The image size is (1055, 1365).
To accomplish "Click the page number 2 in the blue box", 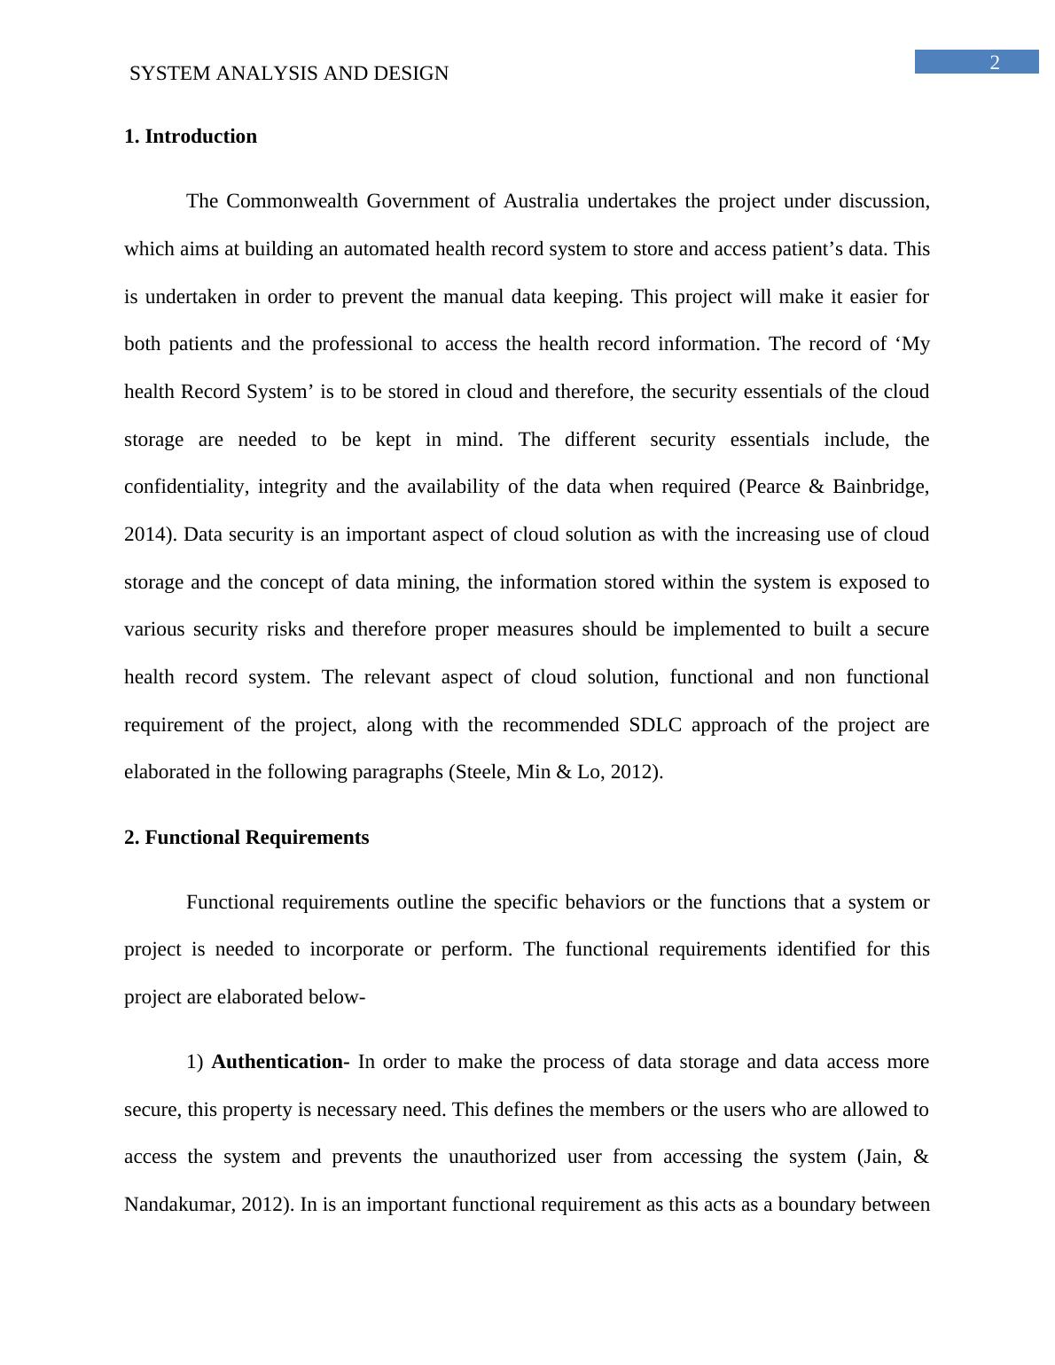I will [x=994, y=62].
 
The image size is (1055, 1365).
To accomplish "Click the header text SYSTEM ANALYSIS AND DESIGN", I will [x=289, y=74].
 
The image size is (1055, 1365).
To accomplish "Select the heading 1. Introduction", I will [x=191, y=136].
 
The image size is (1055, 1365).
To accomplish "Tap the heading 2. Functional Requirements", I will [x=246, y=838].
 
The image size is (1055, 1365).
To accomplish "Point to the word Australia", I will [x=541, y=201].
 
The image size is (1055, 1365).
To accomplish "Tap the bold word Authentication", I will [x=277, y=1062].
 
